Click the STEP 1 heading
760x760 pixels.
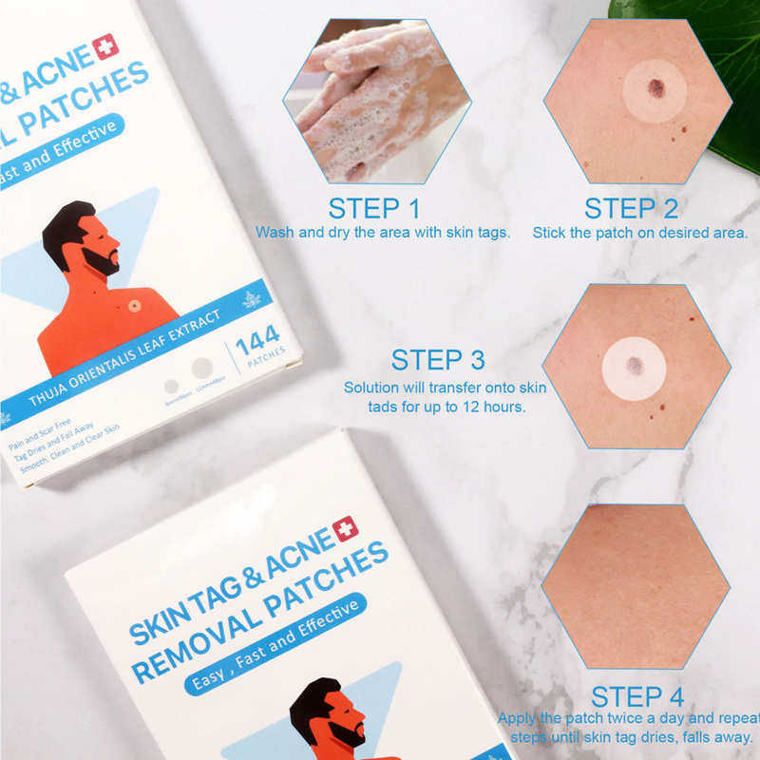[374, 208]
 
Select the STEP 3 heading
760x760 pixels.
[438, 360]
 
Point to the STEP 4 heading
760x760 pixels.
[636, 695]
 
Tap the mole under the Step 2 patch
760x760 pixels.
[655, 89]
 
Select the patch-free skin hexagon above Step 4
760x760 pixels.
[636, 585]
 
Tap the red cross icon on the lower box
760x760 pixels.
[345, 528]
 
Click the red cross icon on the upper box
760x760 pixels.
[104, 47]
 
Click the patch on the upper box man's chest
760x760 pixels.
[135, 307]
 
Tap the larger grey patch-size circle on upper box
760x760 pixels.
[201, 369]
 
